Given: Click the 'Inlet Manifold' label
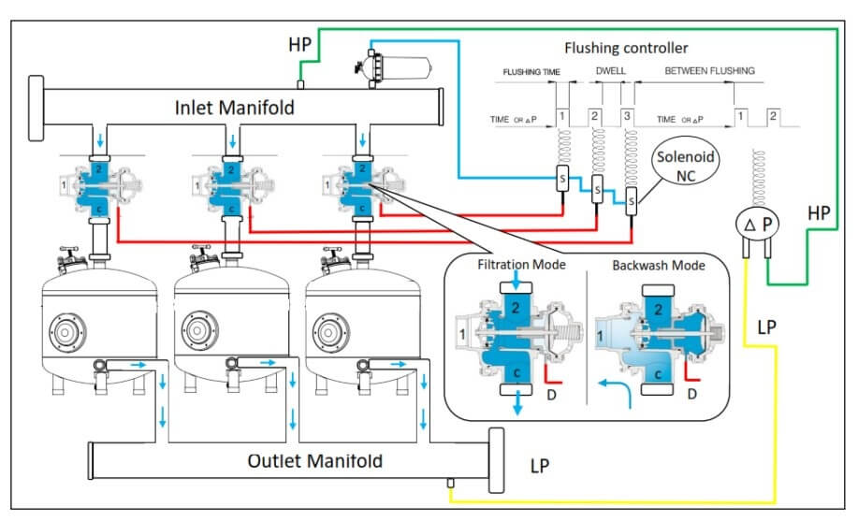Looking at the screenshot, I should click(x=234, y=107).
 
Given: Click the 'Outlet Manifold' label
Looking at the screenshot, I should click(x=314, y=461).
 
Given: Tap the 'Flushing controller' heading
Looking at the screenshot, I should click(x=626, y=48).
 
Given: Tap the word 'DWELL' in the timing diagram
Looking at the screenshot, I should click(x=610, y=71).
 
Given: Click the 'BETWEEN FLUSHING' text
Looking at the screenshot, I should click(x=709, y=71).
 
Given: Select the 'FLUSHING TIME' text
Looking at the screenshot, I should click(x=531, y=71).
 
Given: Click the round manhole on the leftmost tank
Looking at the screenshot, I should click(x=66, y=332).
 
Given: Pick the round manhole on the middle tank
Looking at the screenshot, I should click(x=198, y=332).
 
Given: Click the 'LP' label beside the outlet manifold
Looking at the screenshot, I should click(x=540, y=465).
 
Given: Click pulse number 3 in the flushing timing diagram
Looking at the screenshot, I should click(x=627, y=114).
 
